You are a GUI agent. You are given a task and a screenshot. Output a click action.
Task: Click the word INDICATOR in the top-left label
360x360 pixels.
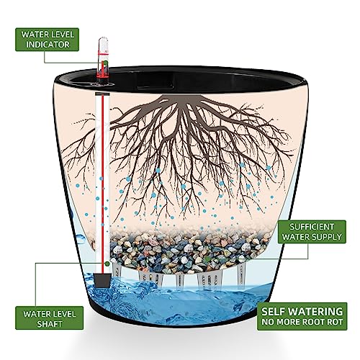48,45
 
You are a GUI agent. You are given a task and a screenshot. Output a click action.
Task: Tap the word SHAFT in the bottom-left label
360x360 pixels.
50,324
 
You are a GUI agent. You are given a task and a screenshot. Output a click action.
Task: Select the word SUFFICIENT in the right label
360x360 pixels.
312,227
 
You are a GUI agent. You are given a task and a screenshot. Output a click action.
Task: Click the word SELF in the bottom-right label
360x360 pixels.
273,312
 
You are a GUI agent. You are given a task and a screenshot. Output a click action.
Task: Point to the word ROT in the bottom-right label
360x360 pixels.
335,322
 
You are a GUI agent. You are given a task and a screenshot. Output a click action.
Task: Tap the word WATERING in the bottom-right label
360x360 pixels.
315,312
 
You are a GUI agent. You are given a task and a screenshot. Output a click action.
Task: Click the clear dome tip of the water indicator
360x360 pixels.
103,41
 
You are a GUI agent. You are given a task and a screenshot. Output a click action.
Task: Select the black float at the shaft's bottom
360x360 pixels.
102,280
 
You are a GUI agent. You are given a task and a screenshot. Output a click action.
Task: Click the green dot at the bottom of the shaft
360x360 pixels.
107,264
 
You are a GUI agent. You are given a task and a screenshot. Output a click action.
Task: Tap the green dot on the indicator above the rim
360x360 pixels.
106,63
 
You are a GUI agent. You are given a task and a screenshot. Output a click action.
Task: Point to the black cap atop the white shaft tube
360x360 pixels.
102,94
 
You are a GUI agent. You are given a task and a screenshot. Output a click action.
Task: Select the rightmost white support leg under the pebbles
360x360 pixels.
241,275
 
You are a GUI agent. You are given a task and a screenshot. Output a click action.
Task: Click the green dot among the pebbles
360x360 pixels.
207,258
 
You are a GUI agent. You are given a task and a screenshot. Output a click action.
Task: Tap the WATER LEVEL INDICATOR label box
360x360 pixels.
47,40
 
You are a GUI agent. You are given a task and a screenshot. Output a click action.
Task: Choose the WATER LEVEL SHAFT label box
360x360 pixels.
50,318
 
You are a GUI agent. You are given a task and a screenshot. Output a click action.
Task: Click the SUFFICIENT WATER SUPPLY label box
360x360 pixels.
312,232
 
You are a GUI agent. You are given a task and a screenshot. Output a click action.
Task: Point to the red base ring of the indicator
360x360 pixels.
102,76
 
